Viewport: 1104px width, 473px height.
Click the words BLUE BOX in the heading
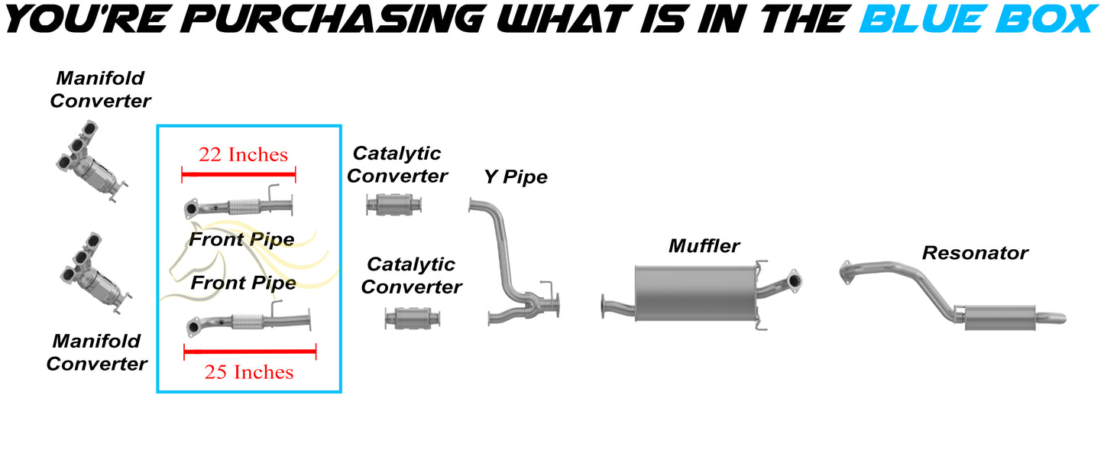tap(977, 18)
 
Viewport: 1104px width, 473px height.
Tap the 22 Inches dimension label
tap(243, 154)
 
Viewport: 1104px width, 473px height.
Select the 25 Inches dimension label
tap(248, 372)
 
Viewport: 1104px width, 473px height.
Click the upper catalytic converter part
tap(394, 204)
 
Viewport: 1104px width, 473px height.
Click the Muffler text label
tap(704, 246)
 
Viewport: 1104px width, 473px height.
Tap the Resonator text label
tap(975, 252)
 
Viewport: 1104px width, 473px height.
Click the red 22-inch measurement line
tap(238, 175)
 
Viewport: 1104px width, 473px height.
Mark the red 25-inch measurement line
tap(250, 352)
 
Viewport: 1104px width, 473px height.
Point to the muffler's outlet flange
tap(794, 281)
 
